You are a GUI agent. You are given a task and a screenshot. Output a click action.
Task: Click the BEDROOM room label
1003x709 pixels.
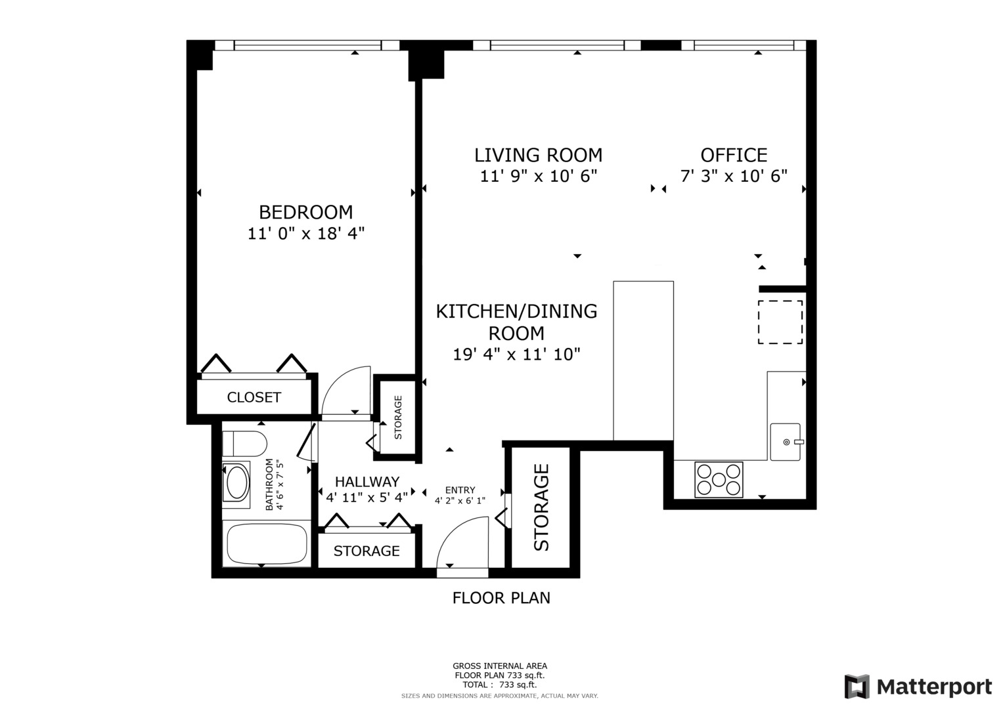coord(305,212)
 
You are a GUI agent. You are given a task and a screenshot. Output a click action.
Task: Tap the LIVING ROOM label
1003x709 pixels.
coord(538,155)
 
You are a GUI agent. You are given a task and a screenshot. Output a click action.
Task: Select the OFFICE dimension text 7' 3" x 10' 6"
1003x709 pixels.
coord(733,176)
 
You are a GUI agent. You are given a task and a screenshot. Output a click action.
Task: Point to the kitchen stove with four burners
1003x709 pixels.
coord(719,479)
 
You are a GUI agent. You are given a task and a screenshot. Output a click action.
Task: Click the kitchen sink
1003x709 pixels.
coord(786,442)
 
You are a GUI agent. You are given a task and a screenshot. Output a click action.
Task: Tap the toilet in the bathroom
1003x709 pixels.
coord(244,444)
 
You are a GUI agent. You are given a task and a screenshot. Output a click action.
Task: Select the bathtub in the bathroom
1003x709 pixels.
coord(267,544)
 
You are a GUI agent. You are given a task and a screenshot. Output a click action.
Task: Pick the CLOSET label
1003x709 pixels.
coord(254,397)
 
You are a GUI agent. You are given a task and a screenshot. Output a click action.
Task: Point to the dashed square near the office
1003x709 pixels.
coord(780,322)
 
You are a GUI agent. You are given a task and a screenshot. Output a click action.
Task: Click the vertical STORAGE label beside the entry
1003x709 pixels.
coord(541,507)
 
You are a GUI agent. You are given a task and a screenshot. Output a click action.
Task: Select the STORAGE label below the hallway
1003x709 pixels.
coord(367,551)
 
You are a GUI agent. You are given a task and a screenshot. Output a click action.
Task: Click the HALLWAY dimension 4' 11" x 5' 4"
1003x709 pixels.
coord(367,498)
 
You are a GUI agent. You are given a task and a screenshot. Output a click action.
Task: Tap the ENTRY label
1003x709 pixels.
coord(460,490)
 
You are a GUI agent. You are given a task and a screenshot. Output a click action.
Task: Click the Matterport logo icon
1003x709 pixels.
coord(857,687)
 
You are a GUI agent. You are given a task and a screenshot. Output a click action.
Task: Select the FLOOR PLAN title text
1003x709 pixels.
coord(501,598)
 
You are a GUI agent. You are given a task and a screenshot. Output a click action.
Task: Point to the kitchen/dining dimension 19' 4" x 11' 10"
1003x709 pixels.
coord(516,354)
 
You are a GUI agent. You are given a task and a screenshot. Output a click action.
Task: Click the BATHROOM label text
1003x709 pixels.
coord(269,485)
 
